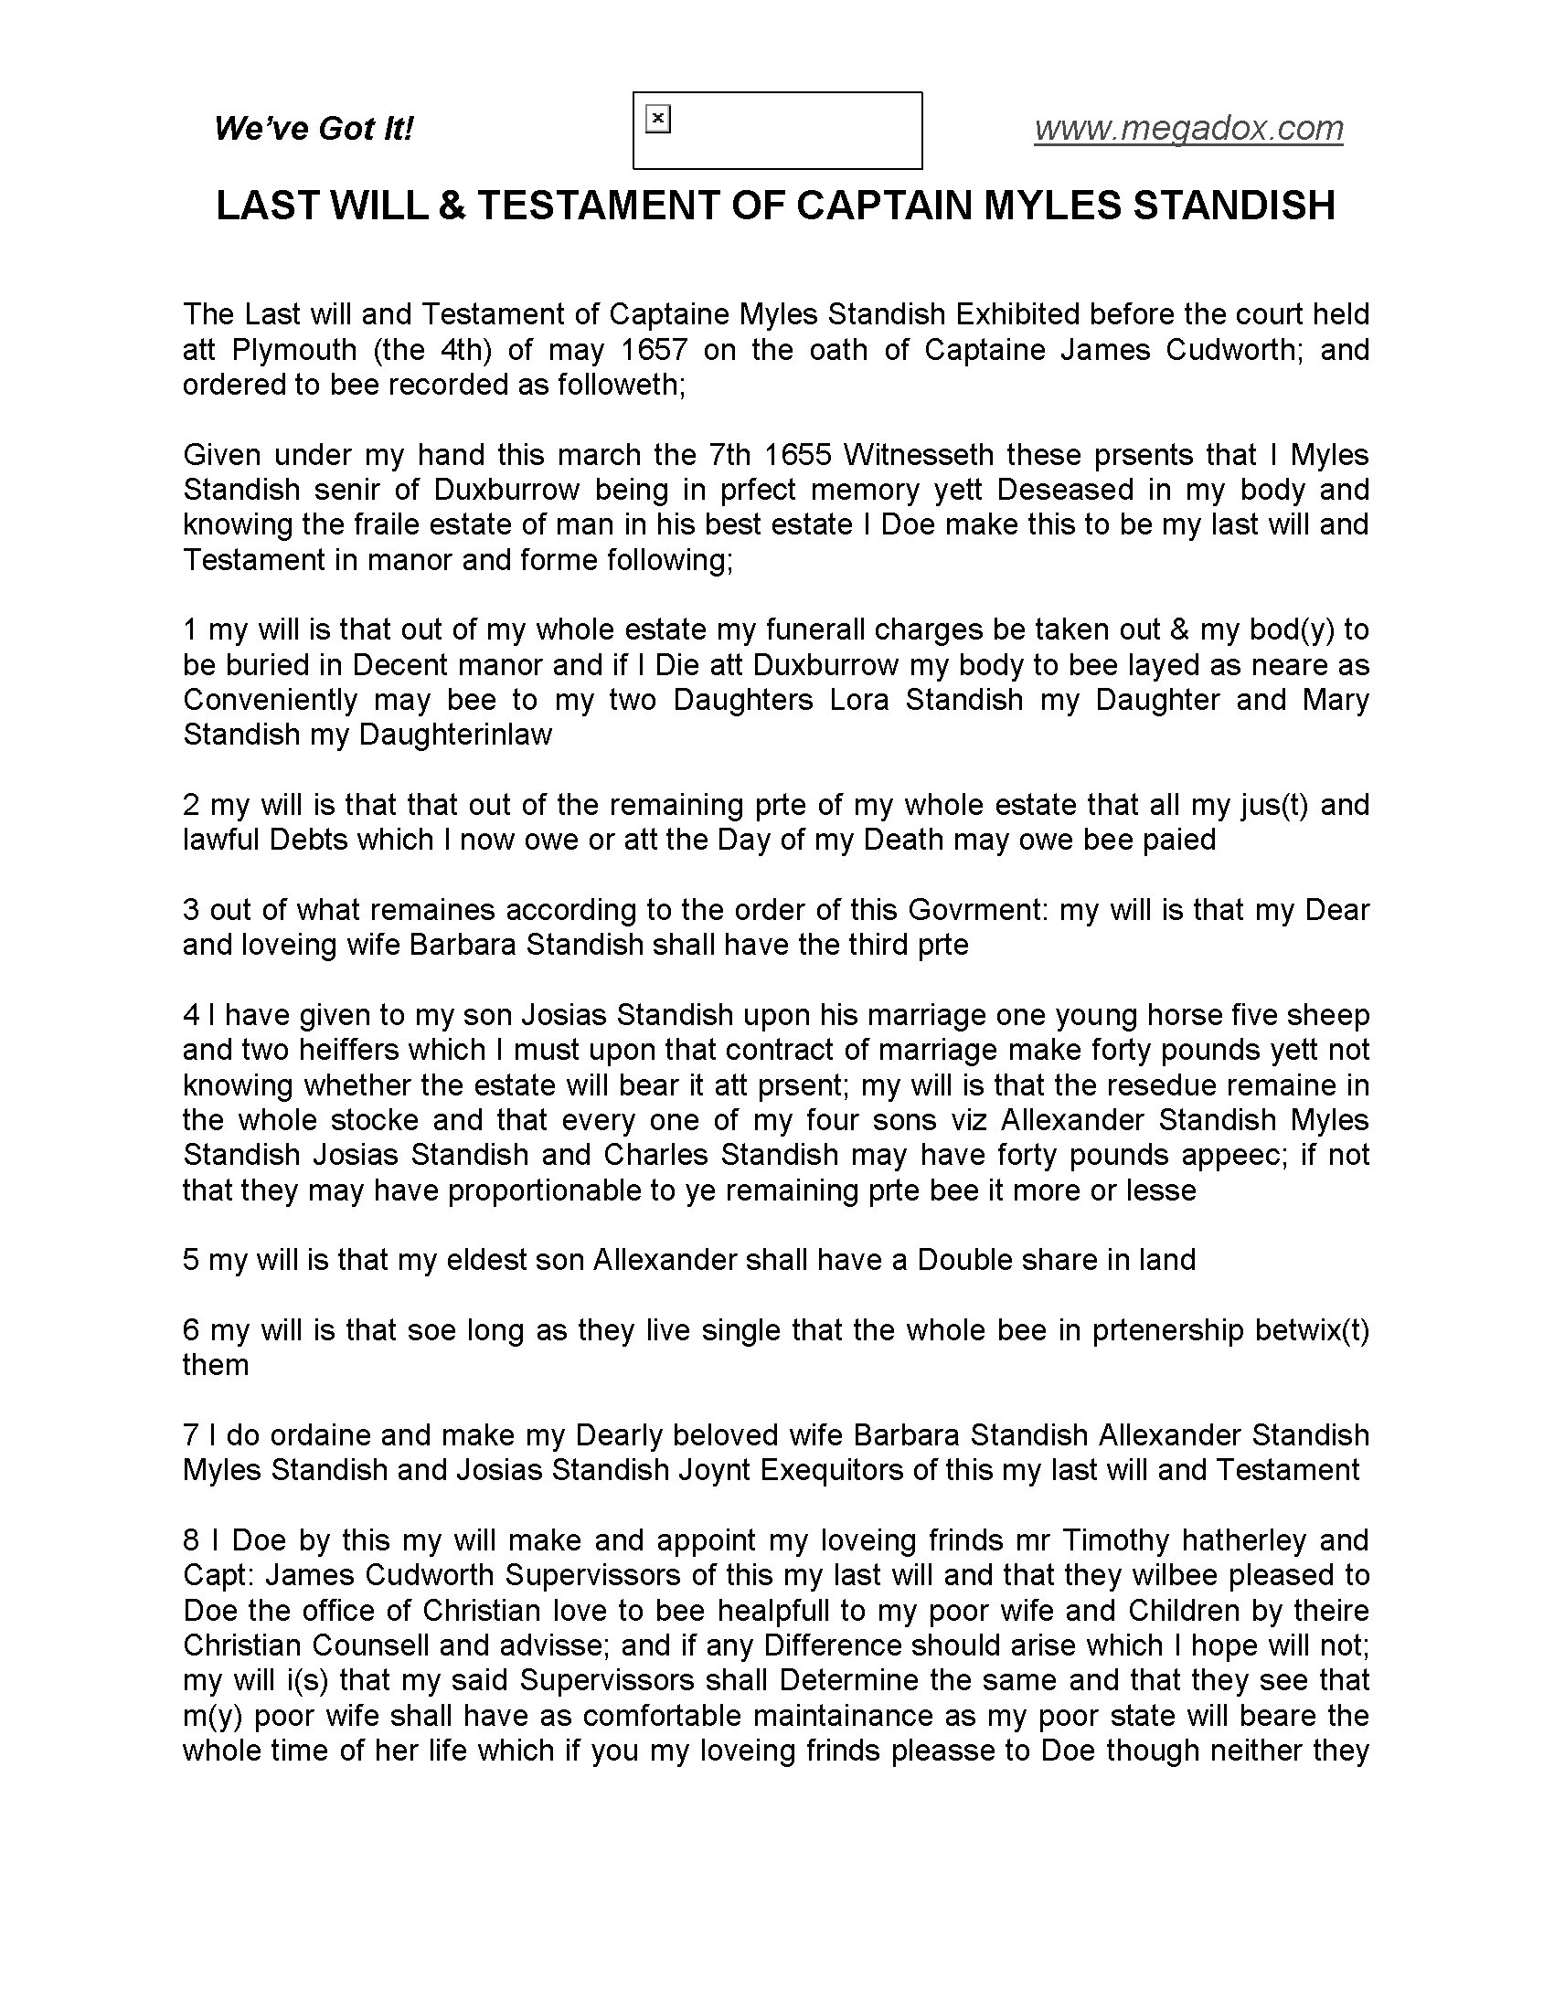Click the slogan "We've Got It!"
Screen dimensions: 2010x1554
(314, 128)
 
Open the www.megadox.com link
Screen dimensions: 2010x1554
(1188, 128)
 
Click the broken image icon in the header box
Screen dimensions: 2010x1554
(658, 119)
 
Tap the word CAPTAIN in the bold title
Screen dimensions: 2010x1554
(885, 206)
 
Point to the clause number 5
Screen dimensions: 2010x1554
(191, 1259)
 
